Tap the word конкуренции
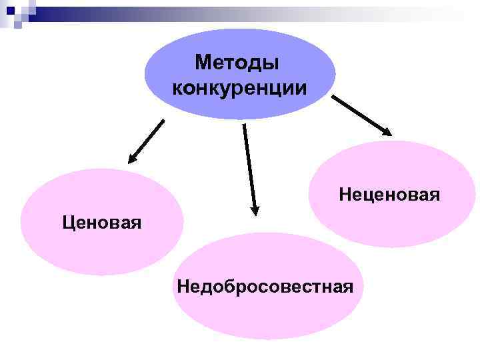[240, 88]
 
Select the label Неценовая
[389, 195]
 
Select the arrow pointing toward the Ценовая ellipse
[147, 140]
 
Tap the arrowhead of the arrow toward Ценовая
[132, 159]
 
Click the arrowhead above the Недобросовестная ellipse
[254, 210]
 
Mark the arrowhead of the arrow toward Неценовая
[387, 133]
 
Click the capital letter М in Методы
[203, 63]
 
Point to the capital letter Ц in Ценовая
[67, 221]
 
